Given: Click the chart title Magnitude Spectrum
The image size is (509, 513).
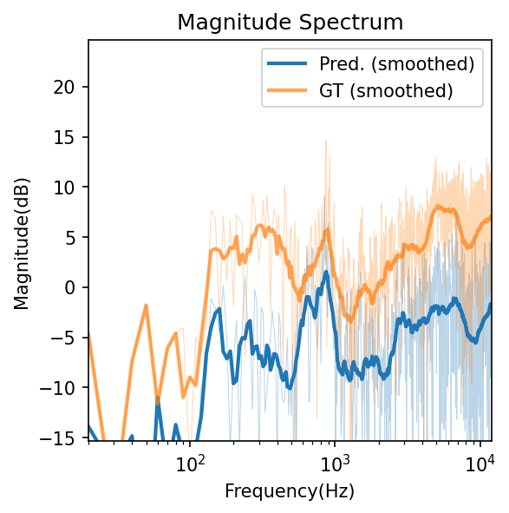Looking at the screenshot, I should point(290,23).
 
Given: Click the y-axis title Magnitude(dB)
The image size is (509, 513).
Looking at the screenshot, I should point(21,240).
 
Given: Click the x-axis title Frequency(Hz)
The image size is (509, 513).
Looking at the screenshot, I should point(290,490).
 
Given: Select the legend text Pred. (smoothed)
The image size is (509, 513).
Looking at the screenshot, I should point(396,63).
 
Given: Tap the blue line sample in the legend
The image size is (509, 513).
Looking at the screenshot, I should point(287,63).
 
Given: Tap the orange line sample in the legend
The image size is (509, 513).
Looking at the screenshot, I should point(287,89).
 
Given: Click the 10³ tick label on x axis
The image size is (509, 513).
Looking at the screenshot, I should point(335,461).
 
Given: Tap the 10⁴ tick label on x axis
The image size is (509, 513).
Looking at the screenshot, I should point(480,461).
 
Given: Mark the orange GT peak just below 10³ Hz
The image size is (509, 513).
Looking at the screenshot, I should point(327,231).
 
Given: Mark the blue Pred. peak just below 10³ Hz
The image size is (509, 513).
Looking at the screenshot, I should point(326,272).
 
